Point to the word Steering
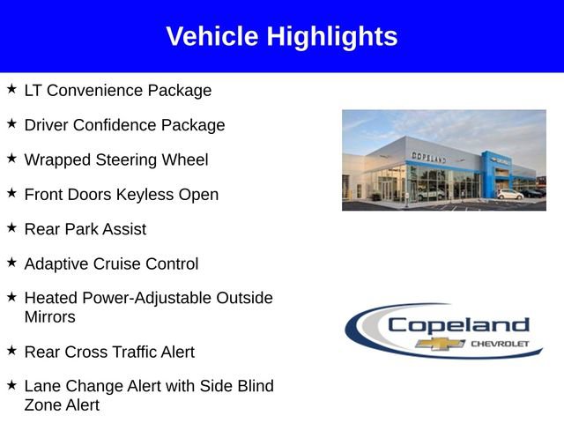124,160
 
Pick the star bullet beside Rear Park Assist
11,228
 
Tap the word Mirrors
50,316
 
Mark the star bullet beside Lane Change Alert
11,385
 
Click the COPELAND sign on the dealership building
428,156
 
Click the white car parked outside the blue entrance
509,194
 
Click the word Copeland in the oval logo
458,324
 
